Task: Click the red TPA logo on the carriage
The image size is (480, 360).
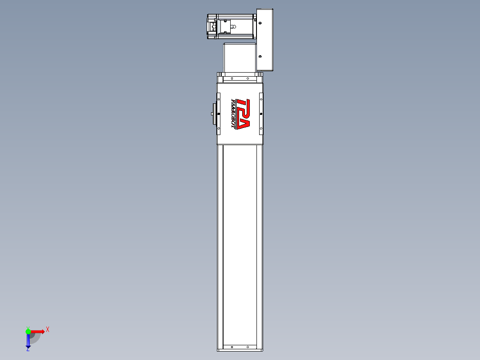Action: click(243, 114)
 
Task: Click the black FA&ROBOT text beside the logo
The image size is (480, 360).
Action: click(233, 114)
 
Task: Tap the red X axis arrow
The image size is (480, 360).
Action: click(37, 331)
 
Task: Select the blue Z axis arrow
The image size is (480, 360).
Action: click(28, 341)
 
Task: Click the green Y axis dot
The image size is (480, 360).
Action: click(28, 331)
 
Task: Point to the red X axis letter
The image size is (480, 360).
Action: click(48, 329)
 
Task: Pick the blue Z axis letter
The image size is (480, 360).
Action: click(28, 350)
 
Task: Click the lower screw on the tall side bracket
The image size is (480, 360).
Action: click(260, 57)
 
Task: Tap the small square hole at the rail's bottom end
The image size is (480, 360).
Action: click(232, 346)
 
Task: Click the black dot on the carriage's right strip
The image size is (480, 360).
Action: click(261, 114)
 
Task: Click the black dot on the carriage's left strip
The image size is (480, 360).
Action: click(219, 113)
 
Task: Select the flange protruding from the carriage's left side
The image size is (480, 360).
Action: click(214, 114)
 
